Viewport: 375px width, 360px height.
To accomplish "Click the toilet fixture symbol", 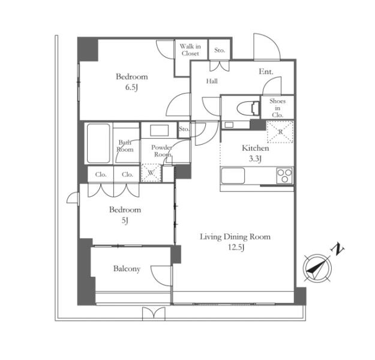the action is (x=248, y=108).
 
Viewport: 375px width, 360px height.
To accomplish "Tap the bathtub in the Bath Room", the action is (x=98, y=143).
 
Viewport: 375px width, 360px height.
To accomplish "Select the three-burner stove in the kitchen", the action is (x=284, y=176).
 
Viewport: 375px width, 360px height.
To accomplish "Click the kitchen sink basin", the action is (x=233, y=176).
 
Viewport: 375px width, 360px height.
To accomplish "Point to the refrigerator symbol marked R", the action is (x=280, y=132).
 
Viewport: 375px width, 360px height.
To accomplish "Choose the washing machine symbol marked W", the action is (x=151, y=173).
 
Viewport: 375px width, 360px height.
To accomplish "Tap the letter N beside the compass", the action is (x=337, y=249).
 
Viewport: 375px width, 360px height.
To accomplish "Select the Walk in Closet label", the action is (x=190, y=50).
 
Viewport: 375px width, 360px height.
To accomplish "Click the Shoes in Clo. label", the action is (x=277, y=108).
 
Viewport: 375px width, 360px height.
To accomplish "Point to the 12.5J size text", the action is (x=236, y=247).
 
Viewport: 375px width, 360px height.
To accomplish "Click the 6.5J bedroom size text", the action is (x=132, y=88).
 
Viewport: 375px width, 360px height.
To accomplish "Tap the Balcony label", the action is (x=127, y=269).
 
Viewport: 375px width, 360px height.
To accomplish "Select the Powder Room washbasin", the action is (x=159, y=130).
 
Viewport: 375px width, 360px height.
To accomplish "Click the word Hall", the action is (x=212, y=82).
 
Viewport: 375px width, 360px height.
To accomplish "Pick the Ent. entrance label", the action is (x=266, y=71).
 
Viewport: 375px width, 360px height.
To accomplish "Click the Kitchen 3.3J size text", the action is (x=255, y=158).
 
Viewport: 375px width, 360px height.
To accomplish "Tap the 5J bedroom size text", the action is (x=125, y=220).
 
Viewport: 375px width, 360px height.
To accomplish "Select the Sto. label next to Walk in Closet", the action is (x=220, y=50).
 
